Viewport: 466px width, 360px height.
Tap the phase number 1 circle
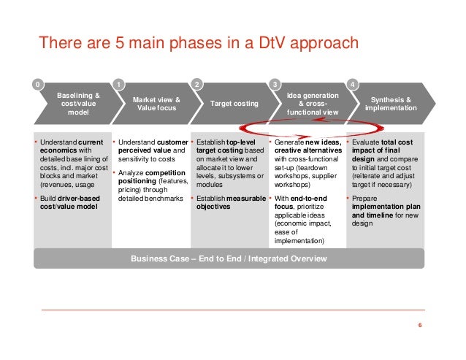pos(118,85)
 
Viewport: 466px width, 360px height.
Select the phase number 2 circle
pos(196,85)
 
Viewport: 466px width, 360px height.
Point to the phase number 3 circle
pos(274,85)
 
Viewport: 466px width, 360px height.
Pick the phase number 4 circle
pos(353,85)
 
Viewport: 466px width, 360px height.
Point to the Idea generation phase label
pos(311,103)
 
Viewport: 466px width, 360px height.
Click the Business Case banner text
pos(229,258)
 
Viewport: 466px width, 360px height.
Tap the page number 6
pos(420,325)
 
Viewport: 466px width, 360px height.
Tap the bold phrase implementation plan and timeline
pos(384,211)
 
